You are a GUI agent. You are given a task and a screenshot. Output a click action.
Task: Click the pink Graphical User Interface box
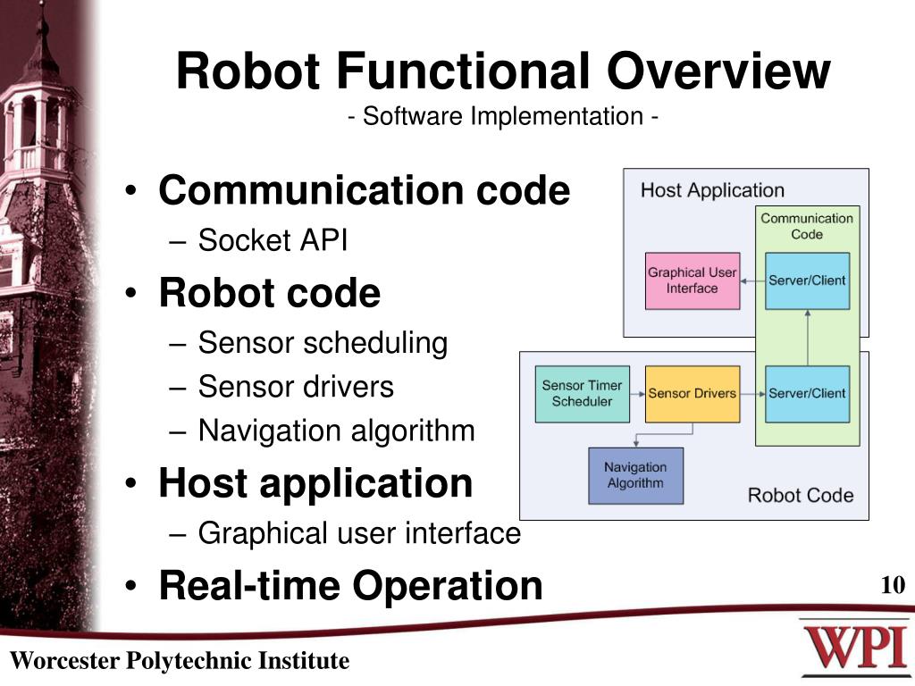pos(693,280)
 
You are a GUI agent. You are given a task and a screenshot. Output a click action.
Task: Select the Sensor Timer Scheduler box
pos(582,394)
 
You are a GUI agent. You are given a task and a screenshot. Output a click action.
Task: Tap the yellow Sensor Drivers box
pos(693,394)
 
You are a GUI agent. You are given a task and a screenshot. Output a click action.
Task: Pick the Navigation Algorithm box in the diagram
pos(635,475)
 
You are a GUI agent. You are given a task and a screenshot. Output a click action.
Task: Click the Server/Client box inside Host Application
pos(807,280)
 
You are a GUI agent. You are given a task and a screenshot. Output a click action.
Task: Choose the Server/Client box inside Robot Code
pos(807,394)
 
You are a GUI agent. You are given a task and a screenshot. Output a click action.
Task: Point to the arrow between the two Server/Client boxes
pos(807,338)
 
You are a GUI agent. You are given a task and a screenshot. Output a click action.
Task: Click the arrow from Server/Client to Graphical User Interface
pos(752,280)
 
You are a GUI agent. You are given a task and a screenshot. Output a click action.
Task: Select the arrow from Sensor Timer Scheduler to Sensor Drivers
pos(637,394)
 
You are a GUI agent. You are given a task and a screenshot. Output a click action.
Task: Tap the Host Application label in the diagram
pos(712,190)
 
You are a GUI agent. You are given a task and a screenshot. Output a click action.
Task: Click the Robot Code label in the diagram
pos(800,495)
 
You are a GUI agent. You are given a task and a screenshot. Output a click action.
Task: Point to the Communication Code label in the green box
pos(807,226)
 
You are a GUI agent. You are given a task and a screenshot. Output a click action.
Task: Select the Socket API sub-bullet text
pos(273,240)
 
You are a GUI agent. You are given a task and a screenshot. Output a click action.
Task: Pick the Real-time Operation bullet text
pos(350,586)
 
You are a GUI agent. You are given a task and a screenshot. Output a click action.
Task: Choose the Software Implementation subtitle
pos(504,117)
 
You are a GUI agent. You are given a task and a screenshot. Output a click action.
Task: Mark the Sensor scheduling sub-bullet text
pos(323,343)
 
